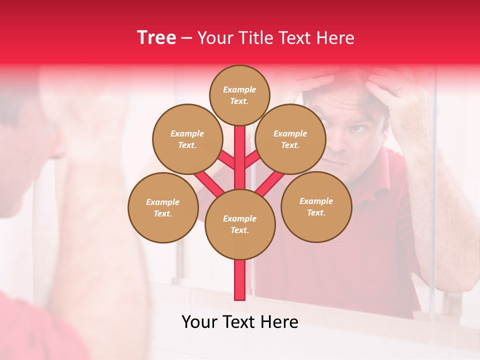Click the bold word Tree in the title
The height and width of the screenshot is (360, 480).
(156, 37)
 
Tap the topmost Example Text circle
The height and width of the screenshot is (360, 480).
(239, 95)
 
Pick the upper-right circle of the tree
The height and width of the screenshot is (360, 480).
(290, 139)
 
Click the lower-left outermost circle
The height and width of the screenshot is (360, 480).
(163, 207)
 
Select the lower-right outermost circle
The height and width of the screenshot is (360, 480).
(316, 206)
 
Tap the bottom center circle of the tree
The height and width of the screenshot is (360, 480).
(240, 224)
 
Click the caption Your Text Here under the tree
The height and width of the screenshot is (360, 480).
(240, 322)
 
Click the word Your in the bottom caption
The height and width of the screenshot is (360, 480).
(200, 322)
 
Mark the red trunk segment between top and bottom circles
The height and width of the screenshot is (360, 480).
(240, 157)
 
